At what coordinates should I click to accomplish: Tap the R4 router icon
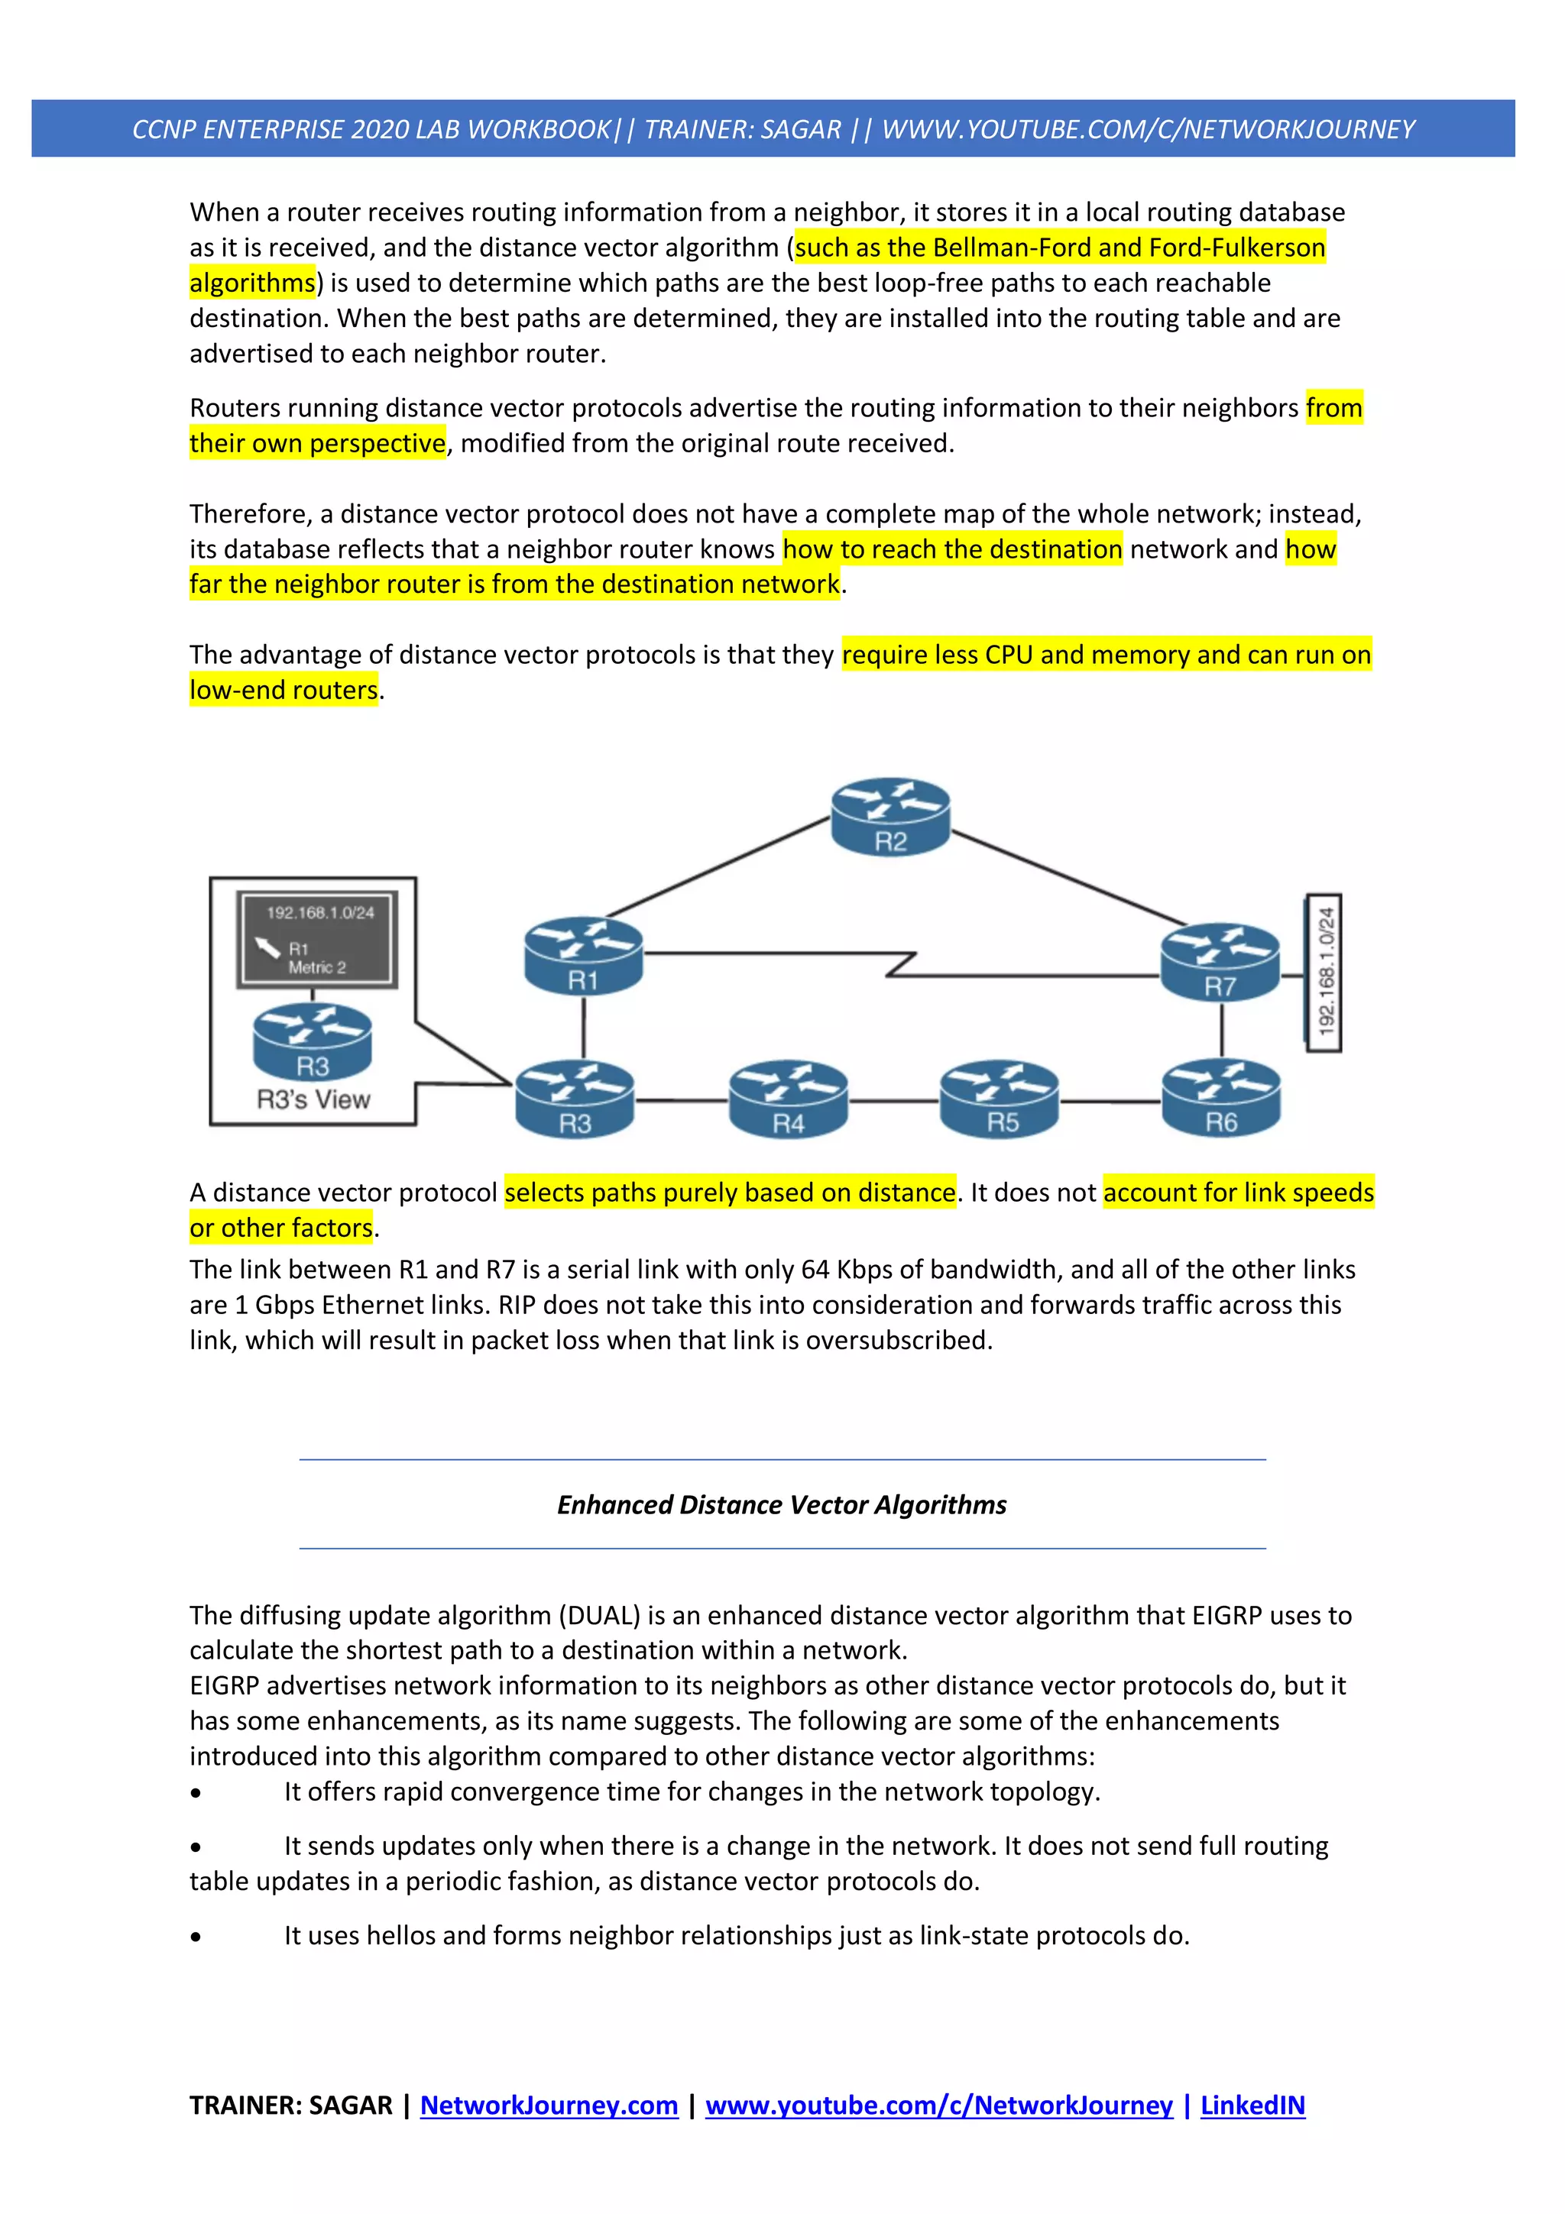(x=788, y=1099)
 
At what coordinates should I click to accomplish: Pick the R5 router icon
(x=1000, y=1099)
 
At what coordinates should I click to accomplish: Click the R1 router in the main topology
(x=583, y=956)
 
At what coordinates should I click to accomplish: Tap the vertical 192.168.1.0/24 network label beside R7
(x=1325, y=972)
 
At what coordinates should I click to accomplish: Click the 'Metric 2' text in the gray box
(x=316, y=967)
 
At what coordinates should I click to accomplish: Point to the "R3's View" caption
(x=313, y=1099)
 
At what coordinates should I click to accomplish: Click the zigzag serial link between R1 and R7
(x=901, y=963)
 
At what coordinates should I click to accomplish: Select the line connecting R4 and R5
(x=894, y=1100)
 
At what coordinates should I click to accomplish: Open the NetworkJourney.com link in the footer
(x=549, y=2105)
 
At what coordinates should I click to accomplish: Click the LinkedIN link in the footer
(x=1252, y=2105)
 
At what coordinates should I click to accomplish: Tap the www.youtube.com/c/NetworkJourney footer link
(x=938, y=2105)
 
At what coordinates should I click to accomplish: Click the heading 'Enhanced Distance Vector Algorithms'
(x=781, y=1504)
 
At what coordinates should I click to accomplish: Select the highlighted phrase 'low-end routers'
(x=284, y=691)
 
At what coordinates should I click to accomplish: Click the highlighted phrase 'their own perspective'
(x=317, y=444)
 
